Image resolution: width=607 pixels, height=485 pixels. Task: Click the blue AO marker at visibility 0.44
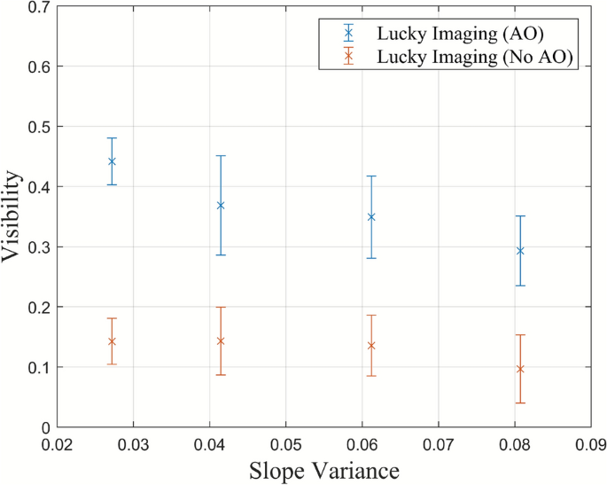tap(112, 161)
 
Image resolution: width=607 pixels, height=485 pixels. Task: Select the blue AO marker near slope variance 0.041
tap(221, 206)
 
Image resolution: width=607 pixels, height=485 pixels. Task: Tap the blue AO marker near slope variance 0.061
tap(371, 217)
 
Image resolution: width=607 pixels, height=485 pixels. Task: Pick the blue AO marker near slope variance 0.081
tap(520, 251)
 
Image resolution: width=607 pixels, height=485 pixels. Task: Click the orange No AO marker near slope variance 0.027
tap(112, 341)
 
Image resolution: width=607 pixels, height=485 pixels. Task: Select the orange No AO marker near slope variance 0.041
tap(221, 341)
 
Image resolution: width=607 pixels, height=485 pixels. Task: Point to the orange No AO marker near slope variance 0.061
tap(371, 346)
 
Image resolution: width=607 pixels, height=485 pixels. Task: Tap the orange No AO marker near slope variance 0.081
tap(520, 369)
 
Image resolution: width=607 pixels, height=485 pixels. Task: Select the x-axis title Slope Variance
tap(325, 470)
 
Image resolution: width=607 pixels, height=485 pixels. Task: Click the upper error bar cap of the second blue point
tap(221, 156)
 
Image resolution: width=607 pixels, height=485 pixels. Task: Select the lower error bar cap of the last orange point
tap(520, 403)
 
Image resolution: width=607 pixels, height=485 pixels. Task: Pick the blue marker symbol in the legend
tap(349, 34)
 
